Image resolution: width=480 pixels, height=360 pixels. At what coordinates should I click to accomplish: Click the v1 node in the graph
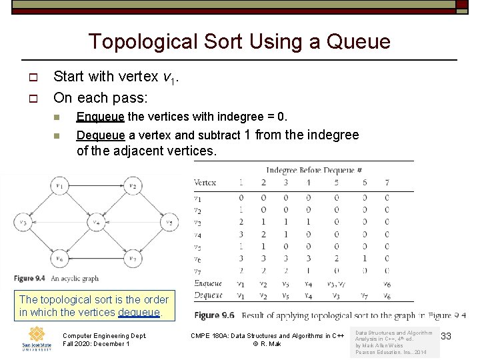(61, 186)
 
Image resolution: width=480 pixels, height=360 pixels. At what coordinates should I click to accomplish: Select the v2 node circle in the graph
(133, 186)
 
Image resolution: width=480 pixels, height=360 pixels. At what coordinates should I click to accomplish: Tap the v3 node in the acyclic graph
(25, 222)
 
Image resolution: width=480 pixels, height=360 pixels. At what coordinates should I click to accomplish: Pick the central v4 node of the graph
(97, 222)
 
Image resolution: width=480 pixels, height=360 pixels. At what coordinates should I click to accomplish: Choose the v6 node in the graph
(61, 259)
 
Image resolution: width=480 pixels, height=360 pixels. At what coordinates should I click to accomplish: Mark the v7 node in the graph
(133, 259)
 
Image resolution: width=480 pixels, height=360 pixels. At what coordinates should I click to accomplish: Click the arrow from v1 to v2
(97, 186)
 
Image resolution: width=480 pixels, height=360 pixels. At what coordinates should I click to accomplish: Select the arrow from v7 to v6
(97, 259)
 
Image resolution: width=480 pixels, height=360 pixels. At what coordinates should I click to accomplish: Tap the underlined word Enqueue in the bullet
(100, 117)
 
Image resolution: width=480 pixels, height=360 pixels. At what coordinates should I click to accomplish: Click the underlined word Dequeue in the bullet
(100, 135)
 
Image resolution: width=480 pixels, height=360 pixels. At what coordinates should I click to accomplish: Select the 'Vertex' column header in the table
(205, 182)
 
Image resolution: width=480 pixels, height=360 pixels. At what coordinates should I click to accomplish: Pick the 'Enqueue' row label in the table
(208, 284)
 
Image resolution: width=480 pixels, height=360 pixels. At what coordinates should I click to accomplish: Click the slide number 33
(446, 337)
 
